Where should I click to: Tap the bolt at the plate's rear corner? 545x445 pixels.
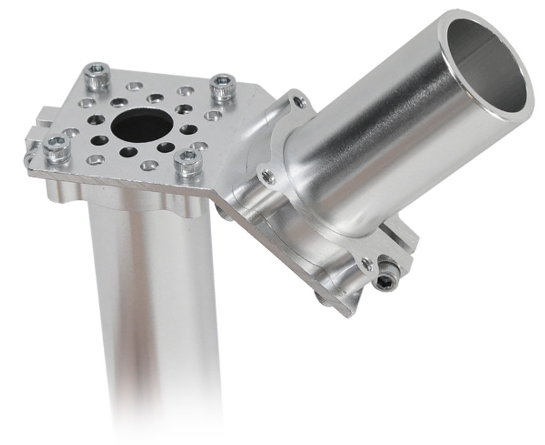click(x=97, y=75)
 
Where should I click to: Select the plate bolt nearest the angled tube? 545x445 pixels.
click(x=222, y=87)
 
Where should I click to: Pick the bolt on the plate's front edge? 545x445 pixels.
click(x=188, y=162)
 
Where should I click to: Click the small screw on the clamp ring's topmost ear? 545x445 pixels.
click(x=300, y=101)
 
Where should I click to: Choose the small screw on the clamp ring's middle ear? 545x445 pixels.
click(x=268, y=177)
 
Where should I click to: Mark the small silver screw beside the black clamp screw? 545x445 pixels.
click(x=366, y=265)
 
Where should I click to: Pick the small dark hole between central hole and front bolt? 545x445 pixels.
click(x=165, y=148)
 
